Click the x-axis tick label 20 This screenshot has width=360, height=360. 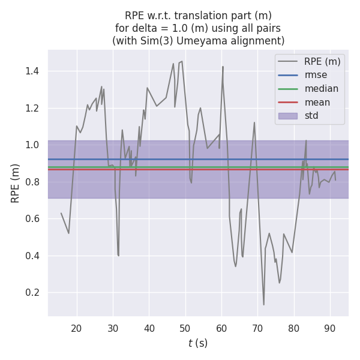pos(76,328)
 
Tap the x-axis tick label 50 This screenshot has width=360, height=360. pos(185,328)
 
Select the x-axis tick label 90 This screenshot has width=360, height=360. pos(330,328)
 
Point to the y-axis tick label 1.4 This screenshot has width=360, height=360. pos(32,71)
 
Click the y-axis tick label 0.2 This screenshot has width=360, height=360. pos(32,293)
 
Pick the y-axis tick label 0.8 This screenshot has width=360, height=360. pos(32,182)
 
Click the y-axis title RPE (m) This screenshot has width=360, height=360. pos(16,183)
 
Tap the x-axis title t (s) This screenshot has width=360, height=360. pos(198,343)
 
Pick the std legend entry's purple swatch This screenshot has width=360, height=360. pos(287,116)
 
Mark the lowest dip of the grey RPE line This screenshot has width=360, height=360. pos(263,304)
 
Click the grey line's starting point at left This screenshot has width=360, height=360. pos(61,213)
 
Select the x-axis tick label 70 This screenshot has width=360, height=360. pos(257,328)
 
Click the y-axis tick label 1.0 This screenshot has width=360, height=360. pos(32,145)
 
